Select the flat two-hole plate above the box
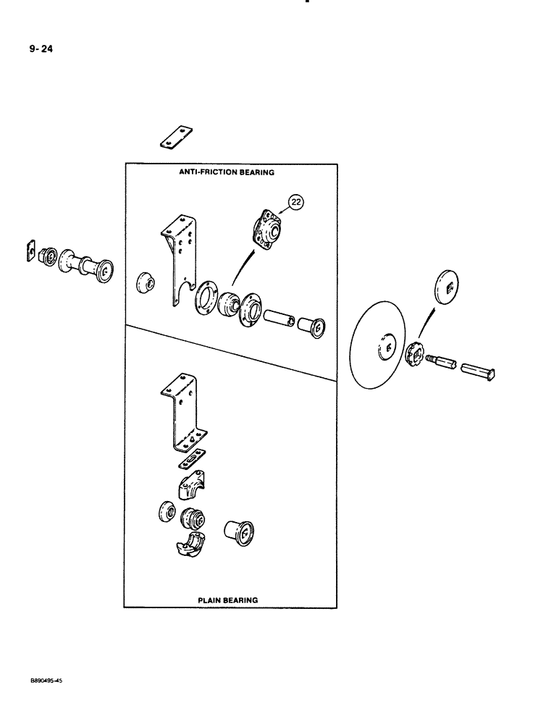tap(176, 137)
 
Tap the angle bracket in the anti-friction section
tap(178, 257)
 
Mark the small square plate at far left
tap(31, 250)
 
